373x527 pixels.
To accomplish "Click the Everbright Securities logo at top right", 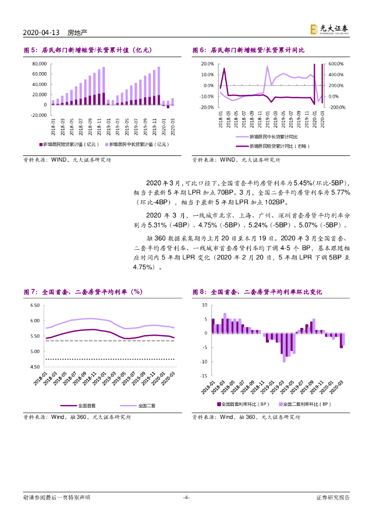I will [329, 30].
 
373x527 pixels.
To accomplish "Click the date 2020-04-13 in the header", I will [42, 33].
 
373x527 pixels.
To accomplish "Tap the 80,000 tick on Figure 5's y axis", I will [39, 64].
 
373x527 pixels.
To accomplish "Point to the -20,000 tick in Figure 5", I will [38, 115].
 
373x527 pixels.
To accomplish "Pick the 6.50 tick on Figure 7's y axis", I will [35, 306].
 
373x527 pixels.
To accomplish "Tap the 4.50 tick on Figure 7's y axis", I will [35, 367].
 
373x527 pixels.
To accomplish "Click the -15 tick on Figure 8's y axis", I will [204, 376].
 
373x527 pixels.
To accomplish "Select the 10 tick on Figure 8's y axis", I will [204, 305].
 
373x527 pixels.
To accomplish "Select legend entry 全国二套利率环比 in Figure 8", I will [307, 405].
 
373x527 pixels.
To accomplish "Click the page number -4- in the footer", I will [186, 498].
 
